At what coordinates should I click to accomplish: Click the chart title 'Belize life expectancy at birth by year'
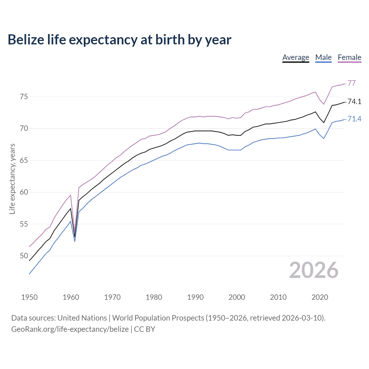pos(119,40)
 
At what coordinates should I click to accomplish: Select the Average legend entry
pos(295,57)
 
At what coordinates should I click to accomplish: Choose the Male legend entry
pos(323,57)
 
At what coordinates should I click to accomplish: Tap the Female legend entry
pos(349,57)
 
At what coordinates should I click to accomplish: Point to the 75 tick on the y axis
pos(24,97)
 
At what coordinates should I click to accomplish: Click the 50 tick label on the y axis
pos(24,256)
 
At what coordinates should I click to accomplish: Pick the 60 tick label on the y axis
pos(24,192)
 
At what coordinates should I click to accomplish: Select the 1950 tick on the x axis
pos(29,297)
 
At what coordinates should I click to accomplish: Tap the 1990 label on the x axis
pos(195,297)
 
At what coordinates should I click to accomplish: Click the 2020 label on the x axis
pos(320,297)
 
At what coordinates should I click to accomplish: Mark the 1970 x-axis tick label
pos(112,297)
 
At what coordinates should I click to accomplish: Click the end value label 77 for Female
pos(351,83)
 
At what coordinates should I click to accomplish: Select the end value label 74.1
pos(354,101)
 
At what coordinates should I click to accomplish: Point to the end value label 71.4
pos(354,119)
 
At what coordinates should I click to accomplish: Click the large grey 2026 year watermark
pos(314,270)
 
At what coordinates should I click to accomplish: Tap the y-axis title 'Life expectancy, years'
pos(12,179)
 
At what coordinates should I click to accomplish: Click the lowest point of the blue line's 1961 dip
pos(75,241)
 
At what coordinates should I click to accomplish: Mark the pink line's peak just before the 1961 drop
pos(71,195)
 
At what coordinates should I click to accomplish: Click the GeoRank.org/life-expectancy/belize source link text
pos(70,329)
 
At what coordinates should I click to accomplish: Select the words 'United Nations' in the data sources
pos(82,318)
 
